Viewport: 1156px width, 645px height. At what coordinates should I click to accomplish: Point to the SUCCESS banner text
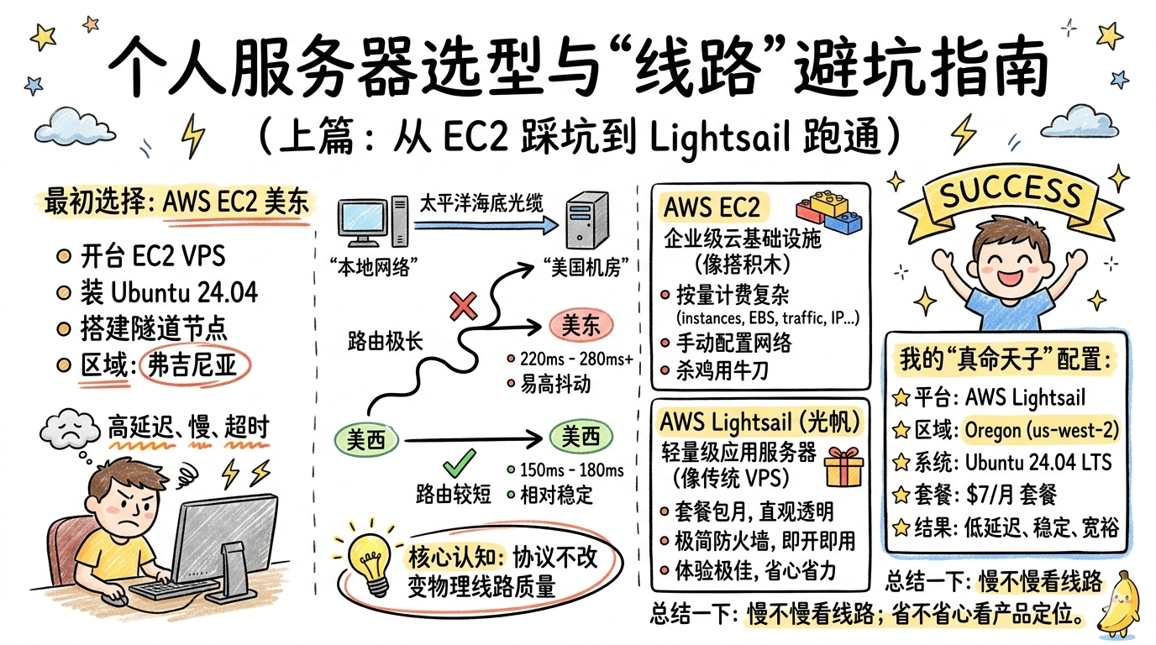(x=1011, y=193)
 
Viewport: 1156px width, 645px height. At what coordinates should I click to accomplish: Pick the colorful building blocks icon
(x=830, y=210)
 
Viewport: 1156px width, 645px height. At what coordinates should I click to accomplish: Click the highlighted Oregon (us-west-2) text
(x=1041, y=430)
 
